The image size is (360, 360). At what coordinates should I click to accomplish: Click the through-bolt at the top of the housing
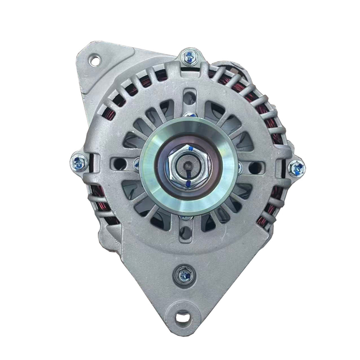(x=190, y=56)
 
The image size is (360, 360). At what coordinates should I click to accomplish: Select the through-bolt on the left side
(x=79, y=164)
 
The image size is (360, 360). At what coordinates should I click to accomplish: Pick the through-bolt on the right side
(x=296, y=168)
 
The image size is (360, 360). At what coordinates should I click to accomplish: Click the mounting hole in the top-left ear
(x=94, y=60)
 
